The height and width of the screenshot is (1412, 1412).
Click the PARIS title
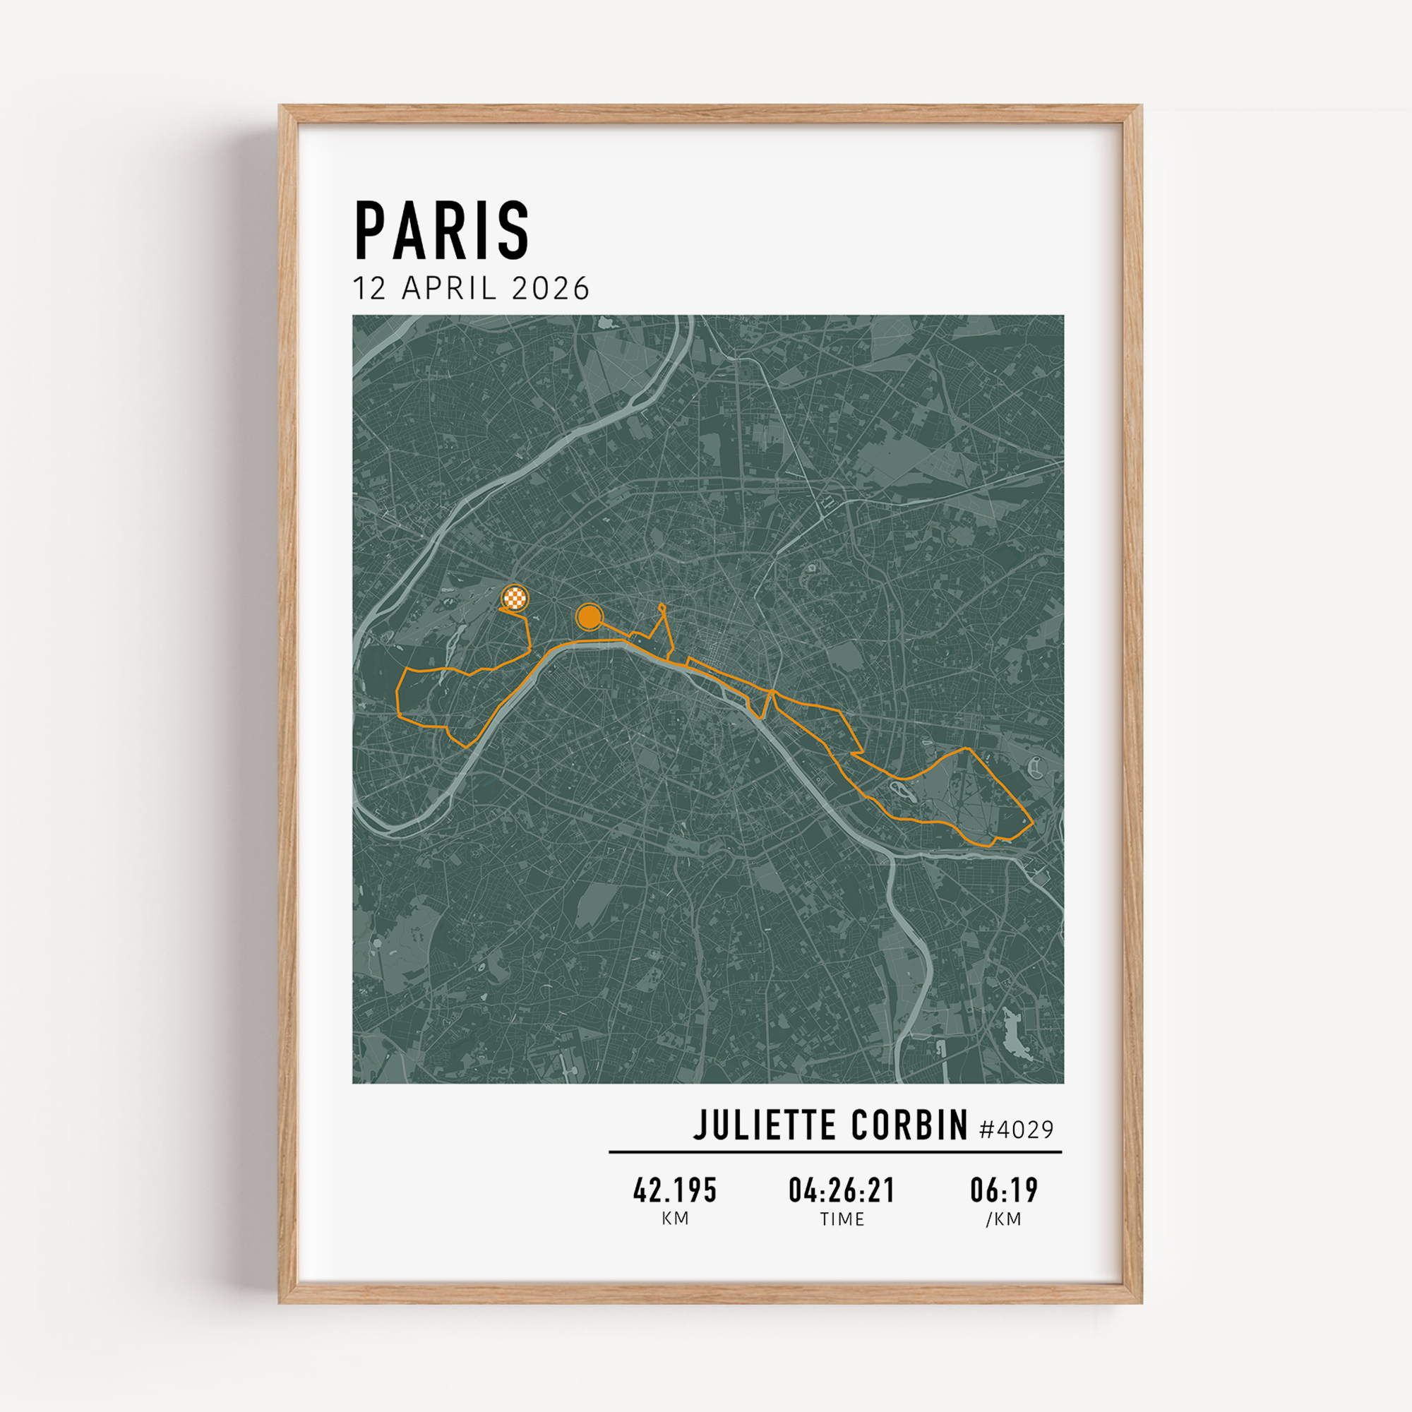coord(441,231)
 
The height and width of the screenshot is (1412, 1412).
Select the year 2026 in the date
coord(551,289)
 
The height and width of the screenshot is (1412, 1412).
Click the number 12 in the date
coord(369,289)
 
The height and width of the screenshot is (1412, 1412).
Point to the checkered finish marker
coord(515,599)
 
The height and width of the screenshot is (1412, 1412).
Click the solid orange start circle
coord(588,617)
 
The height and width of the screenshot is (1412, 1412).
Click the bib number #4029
coord(1017,1130)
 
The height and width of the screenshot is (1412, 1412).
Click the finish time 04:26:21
coord(842,1190)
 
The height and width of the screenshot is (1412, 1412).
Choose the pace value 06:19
coord(1003,1190)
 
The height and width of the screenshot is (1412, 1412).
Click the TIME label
coord(842,1219)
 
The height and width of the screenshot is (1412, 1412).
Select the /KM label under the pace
coord(1003,1219)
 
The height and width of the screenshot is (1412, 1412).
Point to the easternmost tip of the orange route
coord(1033,822)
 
